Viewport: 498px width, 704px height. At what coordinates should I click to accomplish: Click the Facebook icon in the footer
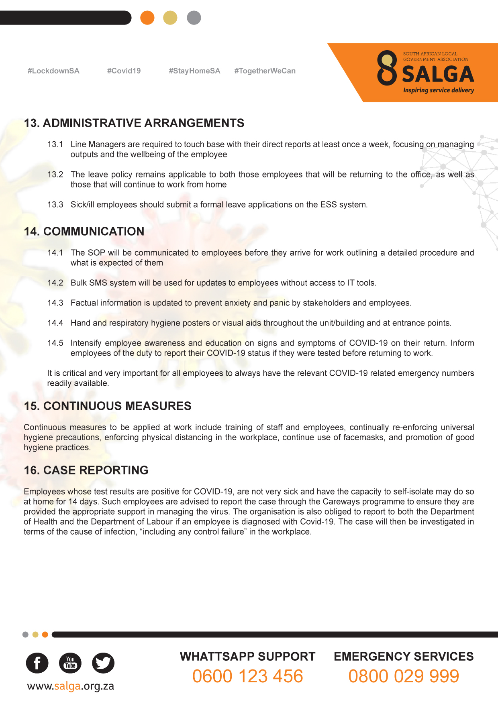(37, 663)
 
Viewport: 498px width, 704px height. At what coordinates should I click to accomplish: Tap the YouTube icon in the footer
(70, 663)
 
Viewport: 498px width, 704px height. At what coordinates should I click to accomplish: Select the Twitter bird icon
(103, 663)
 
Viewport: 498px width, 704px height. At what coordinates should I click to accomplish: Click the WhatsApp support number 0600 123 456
(247, 676)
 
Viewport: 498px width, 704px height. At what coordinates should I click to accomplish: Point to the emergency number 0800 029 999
(404, 676)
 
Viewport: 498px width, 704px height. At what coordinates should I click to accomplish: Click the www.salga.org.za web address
(70, 686)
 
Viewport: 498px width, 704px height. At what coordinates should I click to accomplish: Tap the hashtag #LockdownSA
(53, 71)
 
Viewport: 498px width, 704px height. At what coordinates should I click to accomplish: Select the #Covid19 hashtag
(124, 71)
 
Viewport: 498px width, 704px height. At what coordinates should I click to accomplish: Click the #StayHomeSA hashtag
(194, 71)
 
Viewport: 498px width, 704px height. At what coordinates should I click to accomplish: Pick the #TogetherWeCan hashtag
(265, 71)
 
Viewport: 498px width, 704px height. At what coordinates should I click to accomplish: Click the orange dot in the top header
(147, 18)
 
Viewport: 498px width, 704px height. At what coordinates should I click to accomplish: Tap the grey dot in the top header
(194, 18)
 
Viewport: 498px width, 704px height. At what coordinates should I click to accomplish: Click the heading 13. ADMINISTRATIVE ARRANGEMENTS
(134, 123)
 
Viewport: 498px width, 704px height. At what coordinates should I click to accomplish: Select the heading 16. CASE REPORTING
(86, 470)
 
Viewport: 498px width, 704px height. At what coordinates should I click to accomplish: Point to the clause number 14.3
(55, 303)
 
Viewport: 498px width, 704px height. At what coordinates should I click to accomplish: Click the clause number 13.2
(55, 175)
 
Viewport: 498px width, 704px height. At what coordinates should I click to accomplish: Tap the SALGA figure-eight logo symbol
(387, 68)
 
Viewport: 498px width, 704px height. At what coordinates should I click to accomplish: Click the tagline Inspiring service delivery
(439, 90)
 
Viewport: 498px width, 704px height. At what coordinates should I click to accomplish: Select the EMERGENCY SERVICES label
(404, 657)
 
